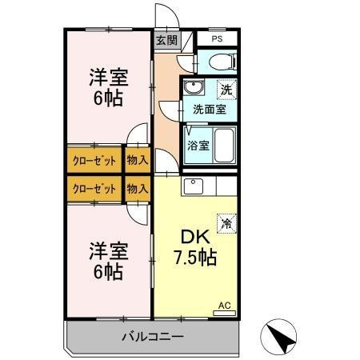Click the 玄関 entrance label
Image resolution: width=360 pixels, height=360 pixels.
(166, 39)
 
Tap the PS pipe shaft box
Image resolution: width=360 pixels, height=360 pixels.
(217, 38)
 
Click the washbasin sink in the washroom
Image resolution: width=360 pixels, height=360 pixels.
(194, 88)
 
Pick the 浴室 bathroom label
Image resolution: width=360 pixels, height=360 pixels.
(198, 146)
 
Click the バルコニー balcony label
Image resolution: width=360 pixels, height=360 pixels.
(152, 337)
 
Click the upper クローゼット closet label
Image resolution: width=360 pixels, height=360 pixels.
(94, 159)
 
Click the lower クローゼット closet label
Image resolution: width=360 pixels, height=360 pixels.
(94, 189)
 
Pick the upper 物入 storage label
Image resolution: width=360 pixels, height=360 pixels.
(138, 159)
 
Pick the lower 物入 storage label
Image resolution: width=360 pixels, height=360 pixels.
(138, 189)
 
